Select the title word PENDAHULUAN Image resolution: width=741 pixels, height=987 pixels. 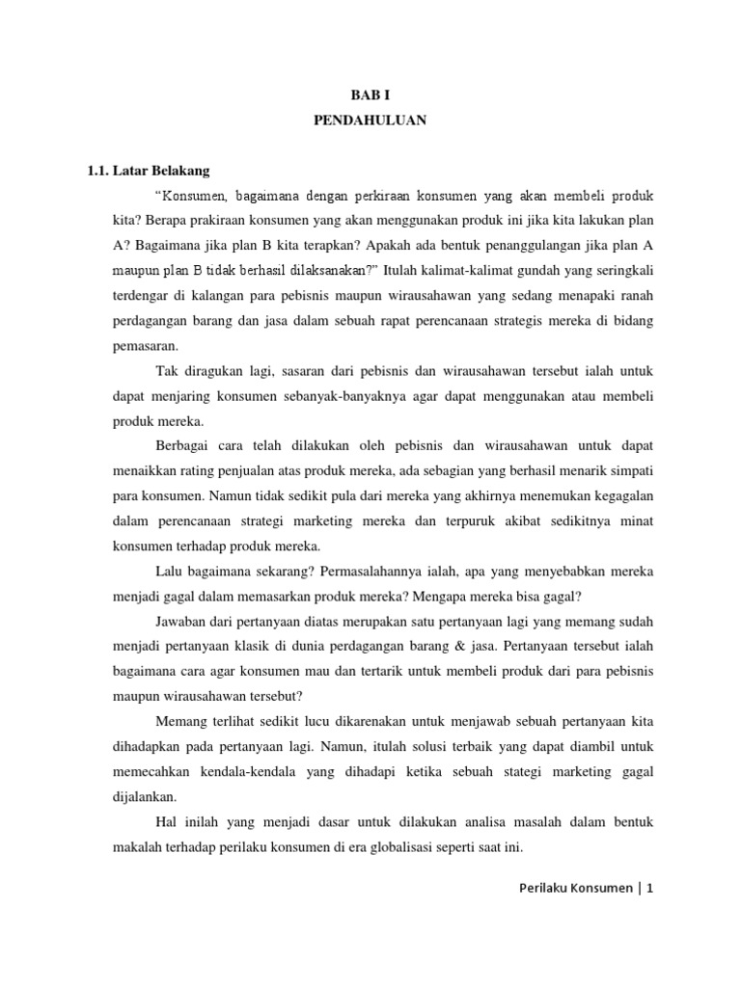pos(370,121)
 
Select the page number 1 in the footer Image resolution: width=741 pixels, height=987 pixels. pos(650,889)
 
